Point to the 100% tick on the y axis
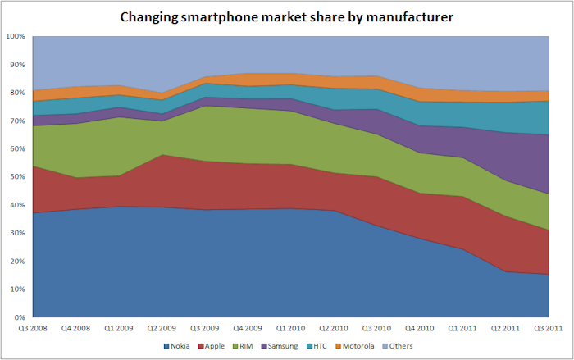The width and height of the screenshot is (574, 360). (x=16, y=37)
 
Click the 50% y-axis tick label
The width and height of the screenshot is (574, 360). (x=17, y=177)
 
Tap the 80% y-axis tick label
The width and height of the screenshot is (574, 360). (x=17, y=93)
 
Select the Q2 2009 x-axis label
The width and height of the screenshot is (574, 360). (x=161, y=327)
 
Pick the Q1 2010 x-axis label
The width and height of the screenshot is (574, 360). (x=289, y=327)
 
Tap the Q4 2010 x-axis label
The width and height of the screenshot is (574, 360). (x=419, y=327)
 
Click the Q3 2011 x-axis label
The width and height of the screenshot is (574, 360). (x=547, y=327)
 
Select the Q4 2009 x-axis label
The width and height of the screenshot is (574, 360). (x=247, y=327)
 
